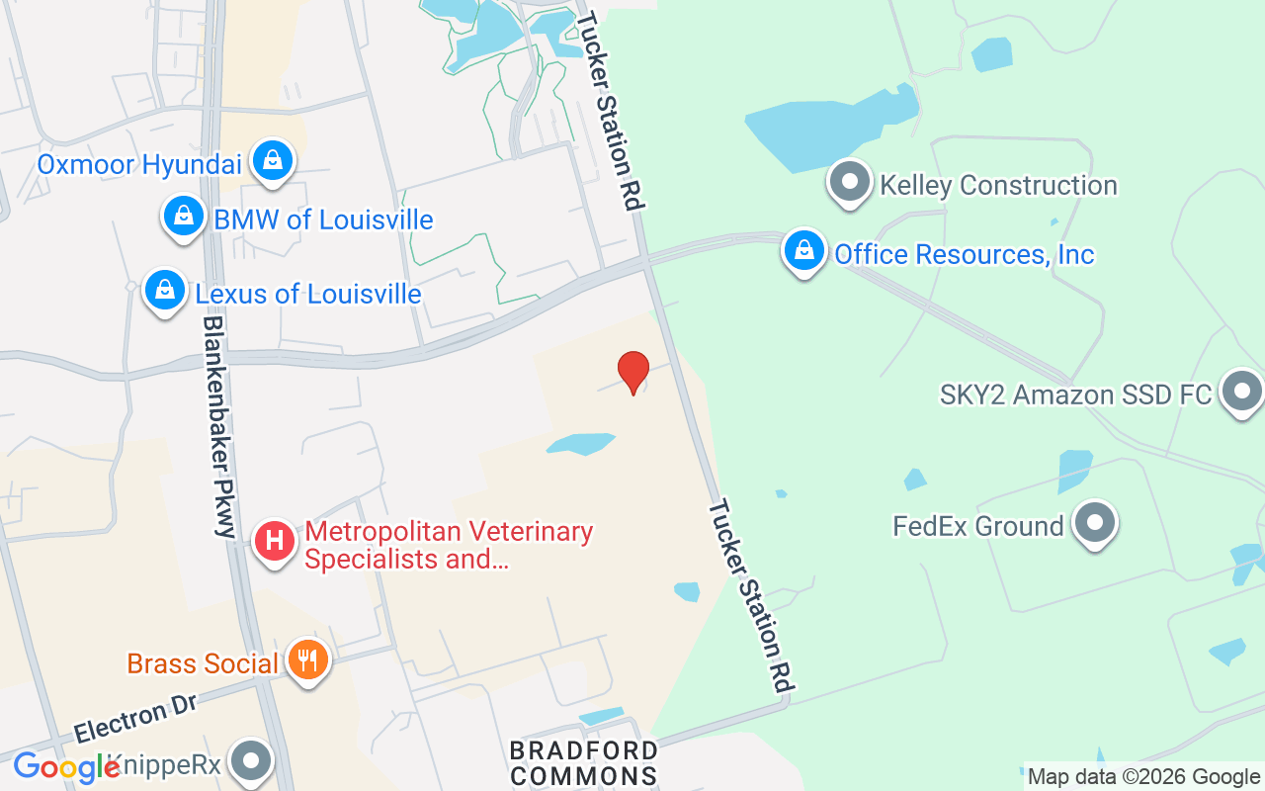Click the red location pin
click(633, 372)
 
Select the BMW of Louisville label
click(323, 220)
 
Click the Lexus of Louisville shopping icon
click(165, 292)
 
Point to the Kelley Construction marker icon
click(849, 183)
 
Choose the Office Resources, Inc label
click(964, 254)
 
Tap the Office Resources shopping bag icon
click(805, 251)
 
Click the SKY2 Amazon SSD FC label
click(1075, 395)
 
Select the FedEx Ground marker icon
click(1094, 523)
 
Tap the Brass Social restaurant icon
click(307, 659)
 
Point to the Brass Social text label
click(203, 663)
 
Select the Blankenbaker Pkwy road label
click(218, 426)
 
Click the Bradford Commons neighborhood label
click(583, 763)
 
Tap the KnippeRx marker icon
click(252, 761)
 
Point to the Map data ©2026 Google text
click(1143, 776)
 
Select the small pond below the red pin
click(582, 444)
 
